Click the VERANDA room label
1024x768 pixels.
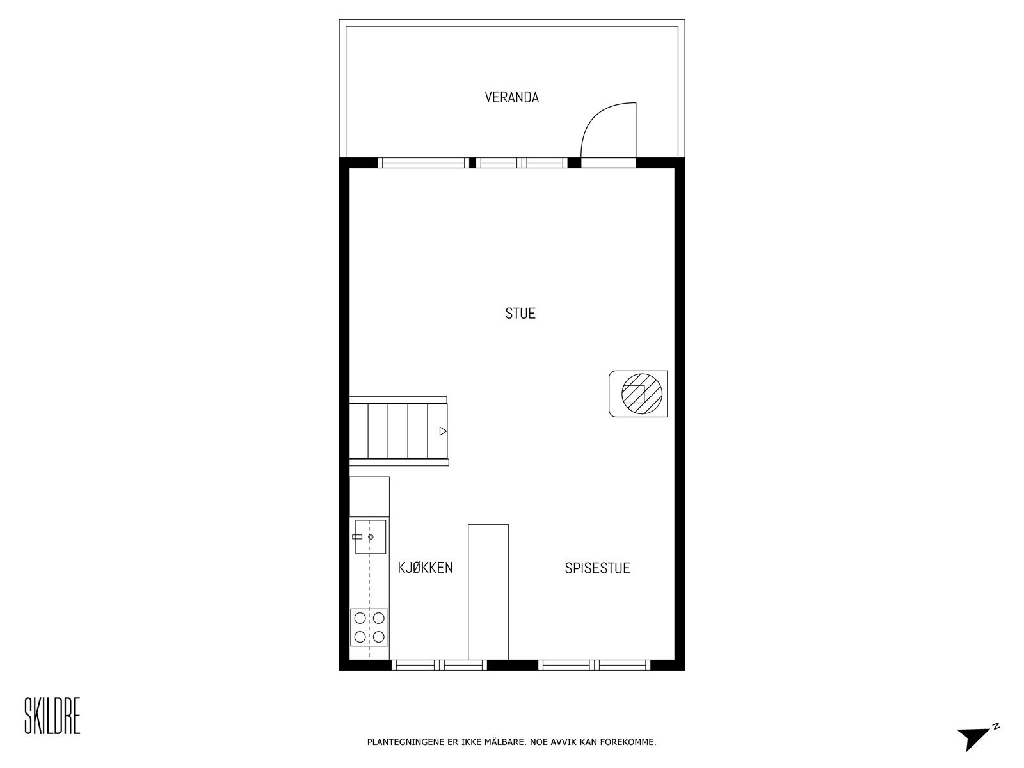tap(511, 97)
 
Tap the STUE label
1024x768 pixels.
tap(520, 314)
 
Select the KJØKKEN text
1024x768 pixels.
tap(425, 568)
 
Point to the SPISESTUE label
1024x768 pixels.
tap(597, 568)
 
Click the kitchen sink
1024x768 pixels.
tap(371, 536)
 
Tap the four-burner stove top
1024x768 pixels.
tap(369, 627)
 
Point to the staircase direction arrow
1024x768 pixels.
tap(442, 431)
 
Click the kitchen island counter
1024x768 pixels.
tap(488, 591)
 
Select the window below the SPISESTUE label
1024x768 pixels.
tap(595, 666)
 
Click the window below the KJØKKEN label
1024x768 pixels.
tap(439, 666)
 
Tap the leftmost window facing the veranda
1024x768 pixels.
tap(424, 163)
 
